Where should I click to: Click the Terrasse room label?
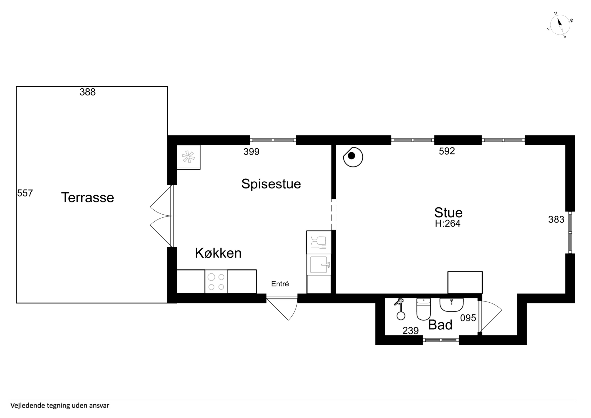tap(87, 198)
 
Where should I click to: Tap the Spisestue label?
tap(271, 184)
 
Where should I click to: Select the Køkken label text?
tap(218, 253)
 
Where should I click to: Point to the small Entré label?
tap(280, 284)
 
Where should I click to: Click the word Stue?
tap(448, 213)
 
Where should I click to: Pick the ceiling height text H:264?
tap(448, 224)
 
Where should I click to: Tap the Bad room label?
tap(440, 325)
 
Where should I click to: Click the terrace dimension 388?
tap(87, 92)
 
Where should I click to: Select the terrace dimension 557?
tap(25, 193)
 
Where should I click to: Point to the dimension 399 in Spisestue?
tap(251, 152)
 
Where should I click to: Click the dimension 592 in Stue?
tap(447, 151)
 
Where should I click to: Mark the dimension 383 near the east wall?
tap(556, 219)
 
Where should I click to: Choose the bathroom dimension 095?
tap(468, 318)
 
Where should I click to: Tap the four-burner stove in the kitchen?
tap(216, 282)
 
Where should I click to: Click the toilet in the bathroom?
tap(423, 309)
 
